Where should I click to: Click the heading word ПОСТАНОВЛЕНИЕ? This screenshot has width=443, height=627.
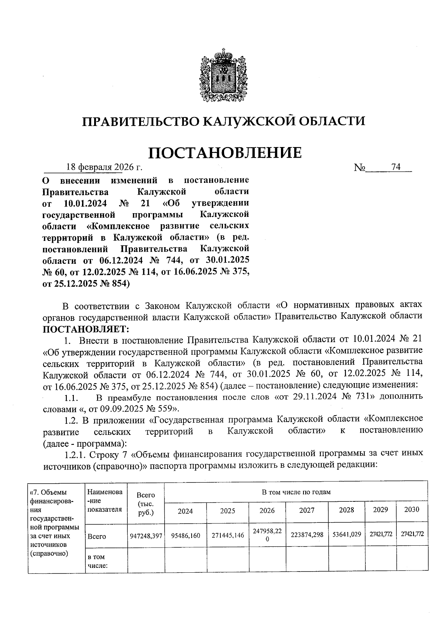(225, 153)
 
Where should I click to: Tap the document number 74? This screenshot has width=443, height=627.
(396, 167)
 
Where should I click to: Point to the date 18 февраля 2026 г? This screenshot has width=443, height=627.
(104, 167)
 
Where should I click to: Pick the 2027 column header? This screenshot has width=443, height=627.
(307, 510)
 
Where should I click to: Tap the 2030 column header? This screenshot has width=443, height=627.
(412, 510)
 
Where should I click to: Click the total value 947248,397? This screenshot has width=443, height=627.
(146, 535)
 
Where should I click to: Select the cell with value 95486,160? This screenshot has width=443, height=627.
(186, 535)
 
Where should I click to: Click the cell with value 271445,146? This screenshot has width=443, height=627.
(228, 535)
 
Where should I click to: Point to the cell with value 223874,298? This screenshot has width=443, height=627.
(307, 535)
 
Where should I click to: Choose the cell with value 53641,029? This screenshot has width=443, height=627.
(347, 534)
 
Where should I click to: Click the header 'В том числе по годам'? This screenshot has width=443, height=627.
(296, 492)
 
